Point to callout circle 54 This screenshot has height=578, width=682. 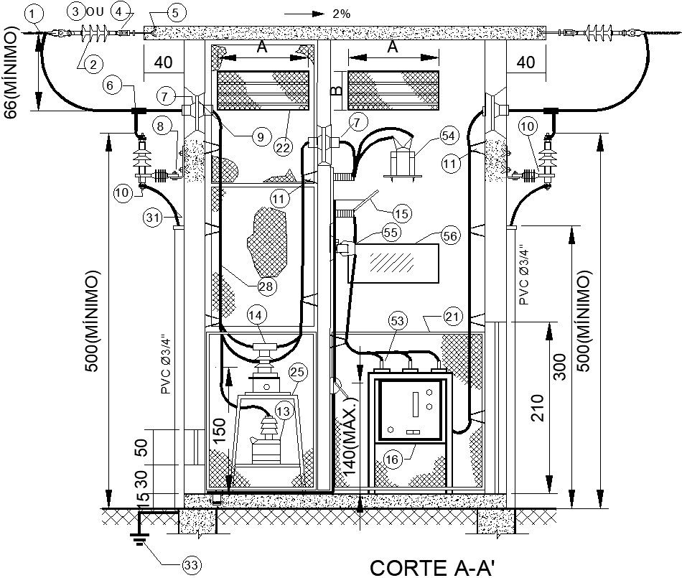tap(449, 136)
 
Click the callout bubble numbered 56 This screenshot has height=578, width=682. tap(449, 235)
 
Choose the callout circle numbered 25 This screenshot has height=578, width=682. tap(296, 371)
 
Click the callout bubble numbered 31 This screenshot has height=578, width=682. tap(151, 215)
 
